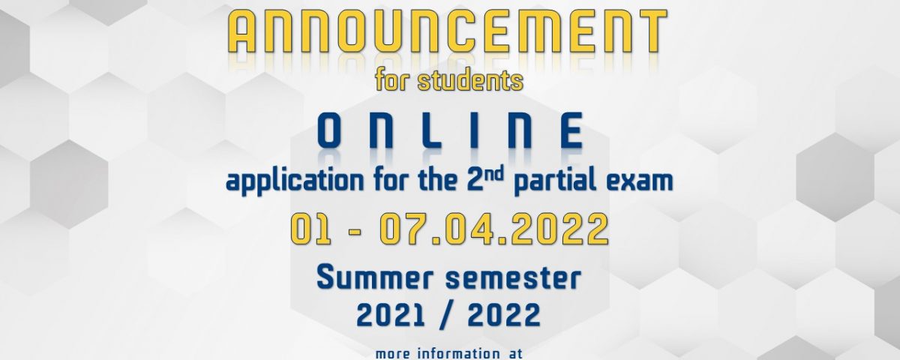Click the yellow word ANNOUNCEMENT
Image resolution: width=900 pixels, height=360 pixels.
click(x=447, y=31)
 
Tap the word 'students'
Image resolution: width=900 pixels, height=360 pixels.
click(x=470, y=80)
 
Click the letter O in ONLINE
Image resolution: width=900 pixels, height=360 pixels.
click(x=329, y=130)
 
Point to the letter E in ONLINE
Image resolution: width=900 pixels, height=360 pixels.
click(x=571, y=130)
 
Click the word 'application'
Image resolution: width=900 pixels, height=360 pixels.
click(x=295, y=181)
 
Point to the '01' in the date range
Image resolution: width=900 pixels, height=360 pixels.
click(x=311, y=229)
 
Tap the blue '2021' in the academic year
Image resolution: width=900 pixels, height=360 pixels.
click(x=391, y=314)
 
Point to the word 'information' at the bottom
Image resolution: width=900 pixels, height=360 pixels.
click(x=454, y=354)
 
